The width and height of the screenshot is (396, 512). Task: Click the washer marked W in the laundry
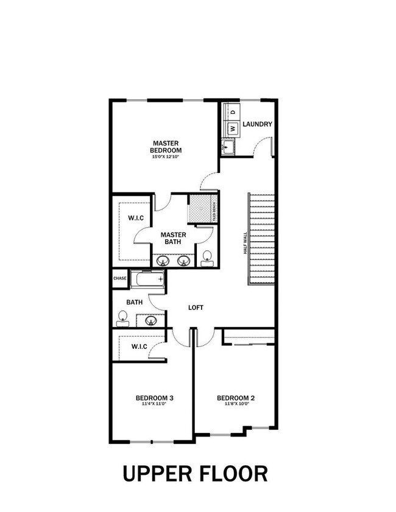(x=232, y=128)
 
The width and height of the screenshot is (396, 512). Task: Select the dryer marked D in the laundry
(x=232, y=113)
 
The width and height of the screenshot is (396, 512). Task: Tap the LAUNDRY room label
(x=257, y=124)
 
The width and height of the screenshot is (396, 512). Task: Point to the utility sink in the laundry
(x=228, y=147)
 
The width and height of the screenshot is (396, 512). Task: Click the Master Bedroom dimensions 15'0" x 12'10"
(x=167, y=157)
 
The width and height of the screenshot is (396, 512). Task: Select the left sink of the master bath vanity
(x=163, y=262)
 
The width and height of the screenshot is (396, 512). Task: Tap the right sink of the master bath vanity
(x=183, y=262)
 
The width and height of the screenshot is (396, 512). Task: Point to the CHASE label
(x=119, y=278)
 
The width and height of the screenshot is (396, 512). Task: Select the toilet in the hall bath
(x=122, y=317)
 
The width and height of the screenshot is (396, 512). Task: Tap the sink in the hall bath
(x=151, y=320)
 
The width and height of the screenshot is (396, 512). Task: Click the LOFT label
(x=196, y=307)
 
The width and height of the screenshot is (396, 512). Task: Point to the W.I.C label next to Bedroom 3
(x=139, y=346)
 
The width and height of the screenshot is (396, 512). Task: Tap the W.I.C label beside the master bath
(x=135, y=218)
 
